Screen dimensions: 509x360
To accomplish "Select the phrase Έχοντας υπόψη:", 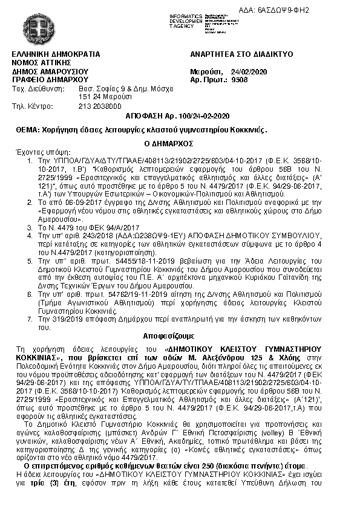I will click(37, 153).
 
